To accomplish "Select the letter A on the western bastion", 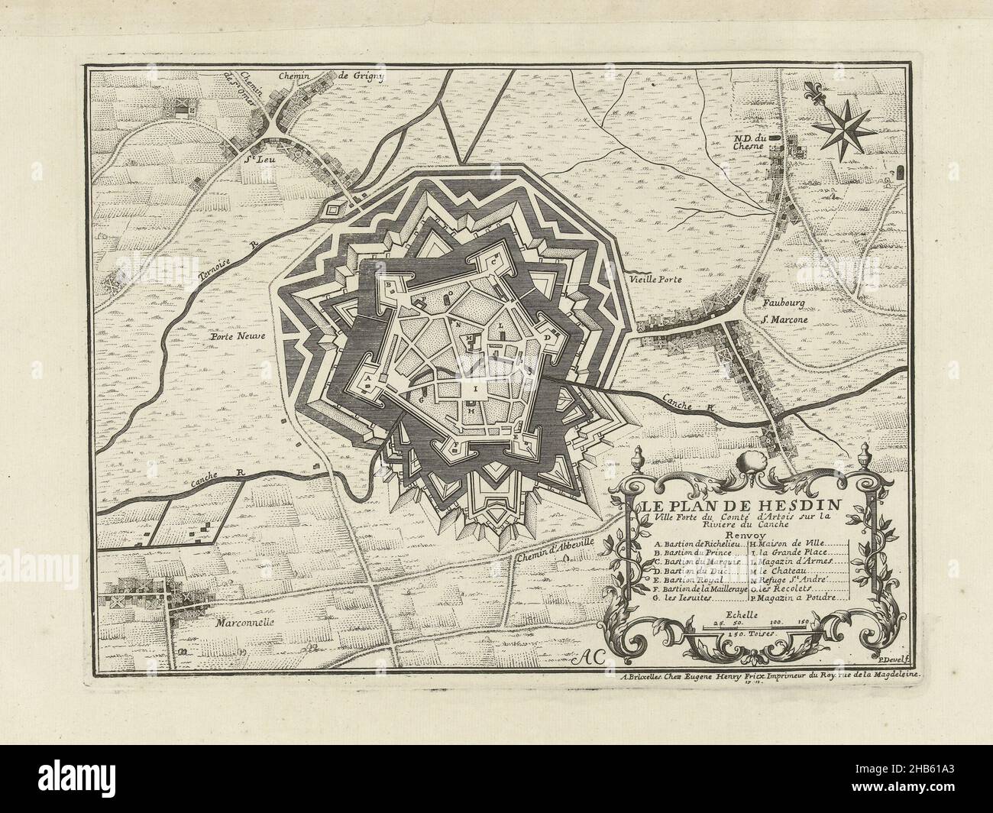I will click(x=367, y=377).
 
